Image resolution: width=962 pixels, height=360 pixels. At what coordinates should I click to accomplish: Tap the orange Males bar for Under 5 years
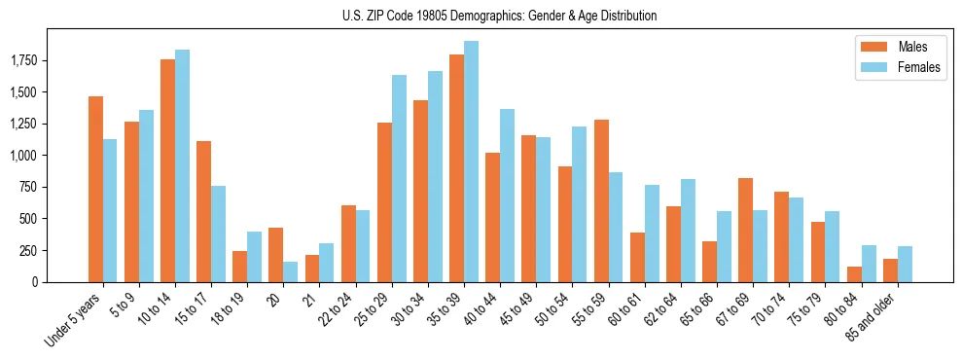coord(95,189)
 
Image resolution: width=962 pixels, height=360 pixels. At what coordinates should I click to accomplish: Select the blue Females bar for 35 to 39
coord(472,162)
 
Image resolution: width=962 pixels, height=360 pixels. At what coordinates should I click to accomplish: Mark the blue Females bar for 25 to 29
coord(399,178)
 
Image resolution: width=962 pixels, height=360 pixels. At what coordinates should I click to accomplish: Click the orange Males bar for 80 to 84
coord(854,273)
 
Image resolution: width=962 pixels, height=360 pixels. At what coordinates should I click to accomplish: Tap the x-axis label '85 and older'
coord(878,318)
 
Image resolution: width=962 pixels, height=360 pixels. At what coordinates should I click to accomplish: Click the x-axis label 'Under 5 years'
coord(75,321)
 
